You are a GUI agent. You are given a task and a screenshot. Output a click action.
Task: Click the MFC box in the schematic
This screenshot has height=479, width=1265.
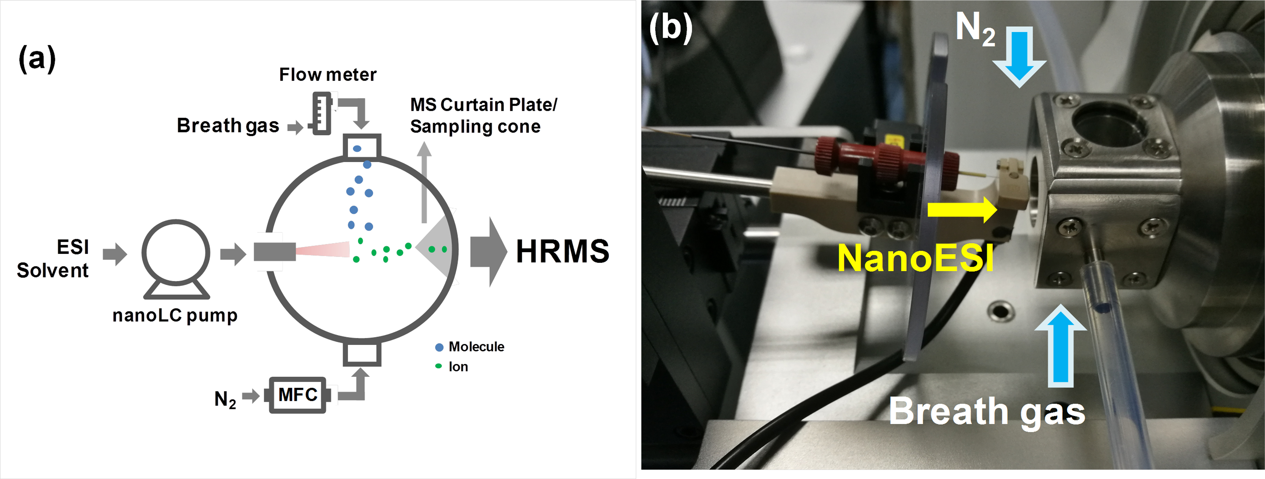pyautogui.click(x=298, y=395)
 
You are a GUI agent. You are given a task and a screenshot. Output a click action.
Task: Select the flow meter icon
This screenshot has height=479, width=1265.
pyautogui.click(x=322, y=113)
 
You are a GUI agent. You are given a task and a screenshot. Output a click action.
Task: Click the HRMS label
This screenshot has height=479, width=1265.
pyautogui.click(x=562, y=252)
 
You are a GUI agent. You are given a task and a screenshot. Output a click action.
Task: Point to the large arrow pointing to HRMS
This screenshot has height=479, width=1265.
pyautogui.click(x=488, y=252)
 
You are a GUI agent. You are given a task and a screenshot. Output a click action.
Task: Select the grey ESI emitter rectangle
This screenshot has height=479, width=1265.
pyautogui.click(x=275, y=252)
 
